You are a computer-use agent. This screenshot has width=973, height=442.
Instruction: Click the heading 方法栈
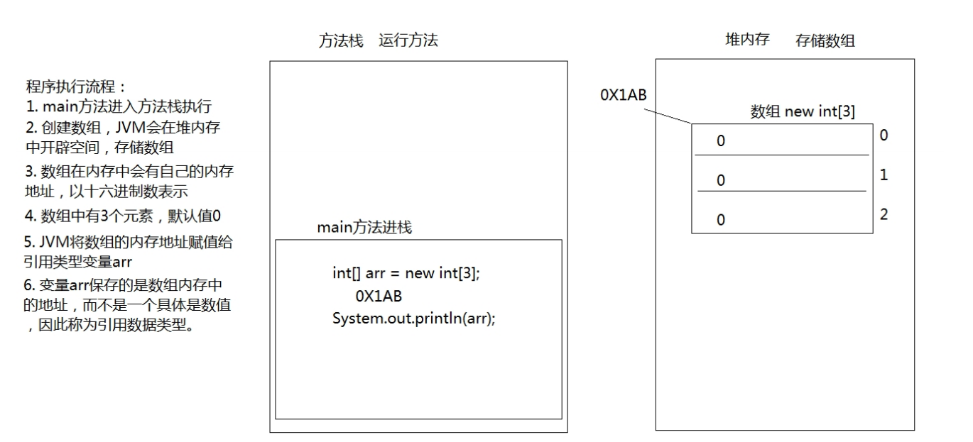click(x=341, y=41)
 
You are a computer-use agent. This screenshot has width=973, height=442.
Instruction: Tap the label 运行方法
click(x=408, y=41)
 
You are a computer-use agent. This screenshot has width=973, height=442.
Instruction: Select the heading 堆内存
click(x=747, y=40)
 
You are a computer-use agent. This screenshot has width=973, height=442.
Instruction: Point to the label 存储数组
click(x=825, y=41)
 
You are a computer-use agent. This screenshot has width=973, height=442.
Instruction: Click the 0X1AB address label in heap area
click(x=624, y=95)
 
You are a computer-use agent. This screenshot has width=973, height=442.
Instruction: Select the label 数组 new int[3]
click(x=803, y=112)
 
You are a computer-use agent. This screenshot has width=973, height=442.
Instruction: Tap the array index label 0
click(x=884, y=136)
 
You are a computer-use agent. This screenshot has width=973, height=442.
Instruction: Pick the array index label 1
click(x=884, y=175)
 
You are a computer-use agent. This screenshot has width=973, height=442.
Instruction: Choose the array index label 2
click(x=884, y=214)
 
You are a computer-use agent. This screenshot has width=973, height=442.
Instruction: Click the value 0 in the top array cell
click(x=721, y=142)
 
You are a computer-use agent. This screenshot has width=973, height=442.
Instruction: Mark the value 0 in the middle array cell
click(x=721, y=181)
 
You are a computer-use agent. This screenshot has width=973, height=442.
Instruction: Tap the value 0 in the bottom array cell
click(x=721, y=220)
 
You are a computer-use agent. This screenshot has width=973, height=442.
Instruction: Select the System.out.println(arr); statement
click(x=413, y=318)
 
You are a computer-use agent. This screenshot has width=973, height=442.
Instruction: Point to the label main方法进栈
click(x=364, y=228)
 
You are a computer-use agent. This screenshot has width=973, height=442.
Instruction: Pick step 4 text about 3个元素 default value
click(x=124, y=216)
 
